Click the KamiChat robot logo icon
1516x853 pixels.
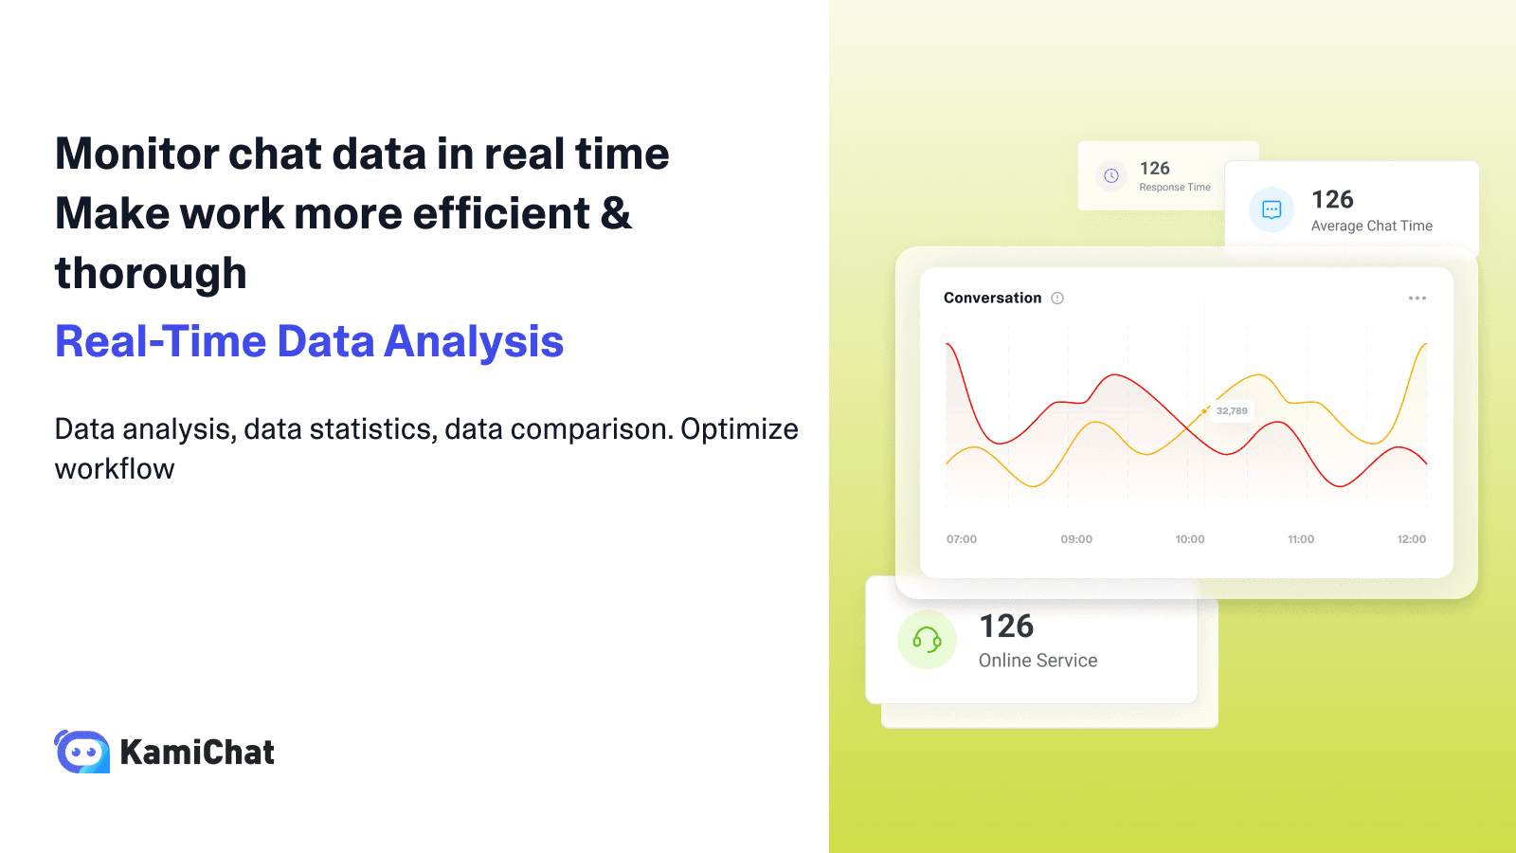pyautogui.click(x=82, y=752)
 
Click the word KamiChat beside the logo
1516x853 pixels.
pyautogui.click(x=197, y=753)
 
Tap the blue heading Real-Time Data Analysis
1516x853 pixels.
pyautogui.click(x=309, y=342)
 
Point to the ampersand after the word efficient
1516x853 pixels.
pyautogui.click(x=616, y=213)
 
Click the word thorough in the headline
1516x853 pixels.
pyautogui.click(x=151, y=274)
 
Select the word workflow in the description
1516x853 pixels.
pyautogui.click(x=115, y=469)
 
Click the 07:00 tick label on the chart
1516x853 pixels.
pyautogui.click(x=961, y=539)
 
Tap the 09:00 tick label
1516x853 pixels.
pyautogui.click(x=1076, y=539)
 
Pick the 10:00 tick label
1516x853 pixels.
pyautogui.click(x=1190, y=539)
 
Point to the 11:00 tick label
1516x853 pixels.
pyautogui.click(x=1301, y=539)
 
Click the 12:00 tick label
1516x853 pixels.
pyautogui.click(x=1411, y=539)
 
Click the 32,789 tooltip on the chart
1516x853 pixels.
pyautogui.click(x=1232, y=411)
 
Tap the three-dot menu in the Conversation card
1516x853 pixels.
pyautogui.click(x=1417, y=299)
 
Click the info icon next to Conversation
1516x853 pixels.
pyautogui.click(x=1057, y=299)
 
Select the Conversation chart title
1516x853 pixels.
pyautogui.click(x=992, y=299)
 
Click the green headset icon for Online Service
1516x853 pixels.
pyautogui.click(x=927, y=641)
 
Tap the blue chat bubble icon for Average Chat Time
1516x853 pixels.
pyautogui.click(x=1272, y=210)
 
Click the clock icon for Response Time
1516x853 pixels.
pyautogui.click(x=1111, y=176)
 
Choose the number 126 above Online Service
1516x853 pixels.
pyautogui.click(x=1006, y=626)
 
